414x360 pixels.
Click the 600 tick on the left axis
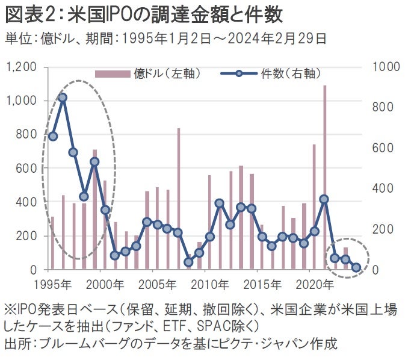pos(26,168)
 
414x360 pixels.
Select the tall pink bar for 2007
pos(178,199)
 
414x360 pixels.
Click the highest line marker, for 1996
pos(62,97)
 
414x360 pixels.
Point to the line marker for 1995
pos(52,136)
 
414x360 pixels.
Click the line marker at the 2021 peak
pos(324,199)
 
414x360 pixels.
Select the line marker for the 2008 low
pos(188,262)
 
